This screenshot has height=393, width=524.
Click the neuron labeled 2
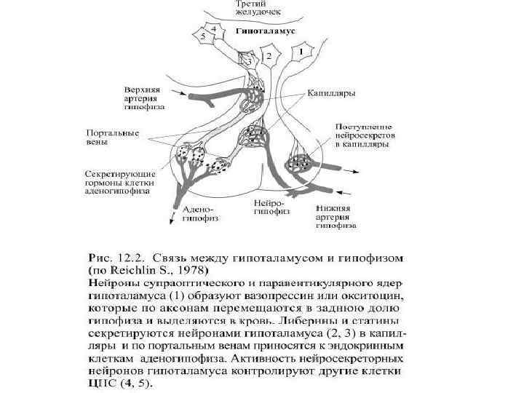[269, 55]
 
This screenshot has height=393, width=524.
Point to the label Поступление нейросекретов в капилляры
[362, 135]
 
